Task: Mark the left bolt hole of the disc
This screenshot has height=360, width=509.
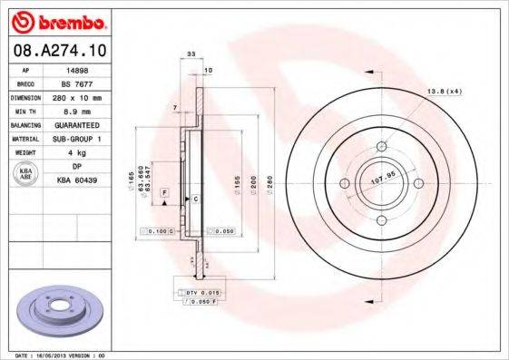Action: pos(344,184)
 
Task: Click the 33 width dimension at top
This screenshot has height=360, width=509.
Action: pos(191,56)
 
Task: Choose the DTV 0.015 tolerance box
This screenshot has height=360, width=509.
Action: pos(199,293)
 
